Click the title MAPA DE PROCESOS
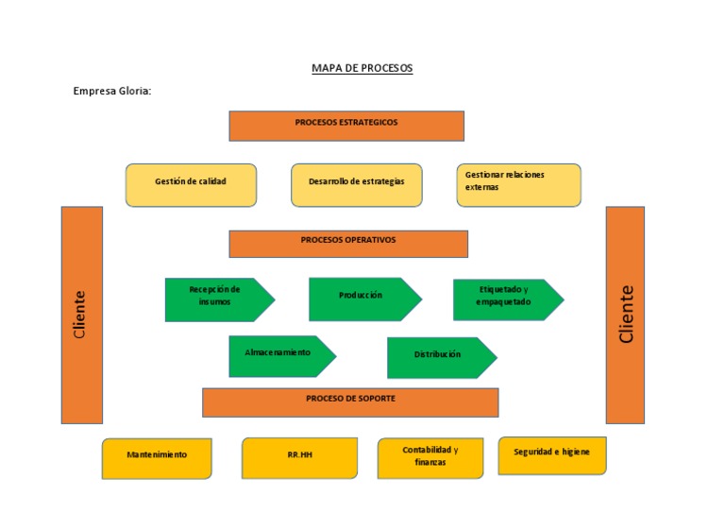point(362,69)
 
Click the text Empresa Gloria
point(111,91)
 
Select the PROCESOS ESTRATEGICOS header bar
point(346,126)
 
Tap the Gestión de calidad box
point(191,184)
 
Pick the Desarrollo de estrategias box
point(356,184)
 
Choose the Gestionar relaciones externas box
point(518,184)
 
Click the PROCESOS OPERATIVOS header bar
point(348,243)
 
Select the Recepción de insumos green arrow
point(216,299)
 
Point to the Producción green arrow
point(362,299)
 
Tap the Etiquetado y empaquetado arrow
point(505,299)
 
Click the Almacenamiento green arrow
point(279,355)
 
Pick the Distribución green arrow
point(439,357)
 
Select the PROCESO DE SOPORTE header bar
point(350,402)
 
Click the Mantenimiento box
point(157,458)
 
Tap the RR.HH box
point(299,457)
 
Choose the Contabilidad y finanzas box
point(430,457)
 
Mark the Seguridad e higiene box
point(551,454)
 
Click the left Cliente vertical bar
point(81,315)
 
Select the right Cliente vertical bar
point(625,315)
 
